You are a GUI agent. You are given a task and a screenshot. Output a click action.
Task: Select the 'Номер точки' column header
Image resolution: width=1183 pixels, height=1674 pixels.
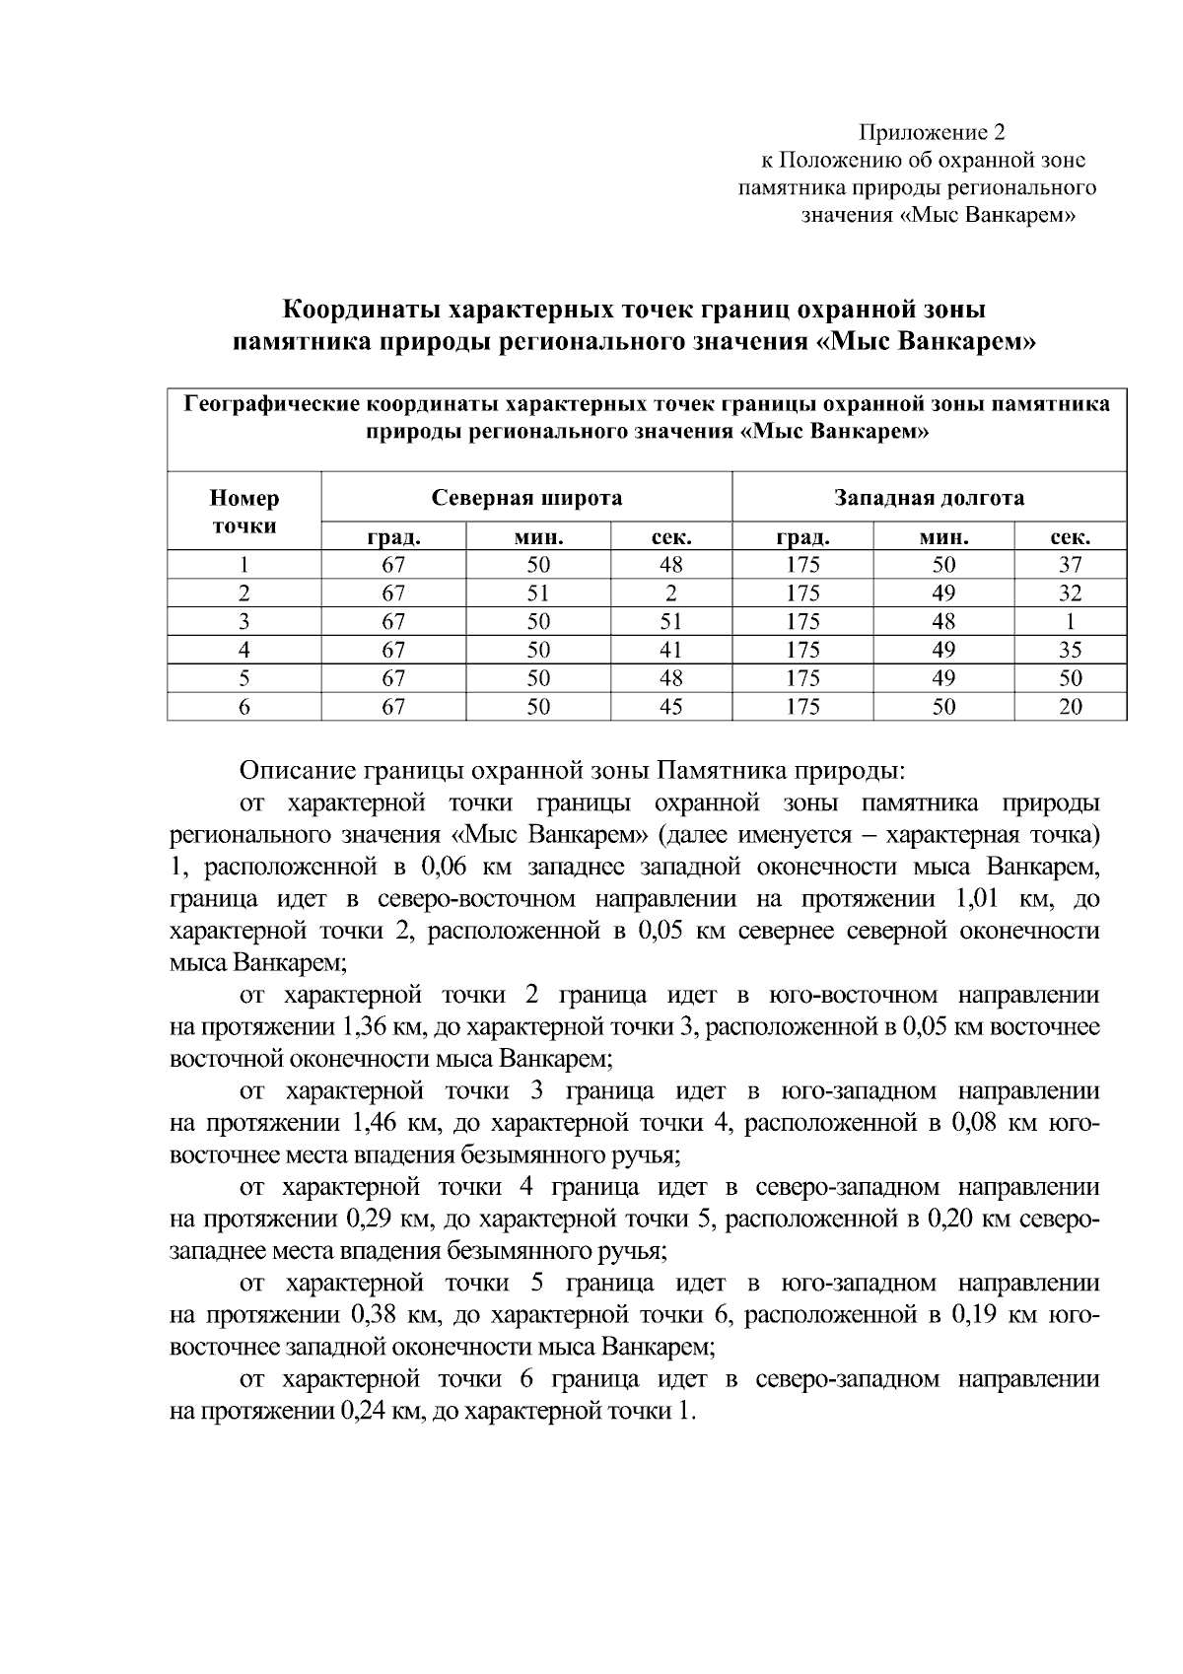click(244, 511)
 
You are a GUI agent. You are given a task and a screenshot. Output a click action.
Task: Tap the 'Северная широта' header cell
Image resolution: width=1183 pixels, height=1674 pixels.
click(527, 498)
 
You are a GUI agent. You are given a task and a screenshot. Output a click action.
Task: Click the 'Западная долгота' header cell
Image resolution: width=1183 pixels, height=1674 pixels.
click(930, 498)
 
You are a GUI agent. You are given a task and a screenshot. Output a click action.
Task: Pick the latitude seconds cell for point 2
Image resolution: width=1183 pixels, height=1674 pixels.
click(671, 593)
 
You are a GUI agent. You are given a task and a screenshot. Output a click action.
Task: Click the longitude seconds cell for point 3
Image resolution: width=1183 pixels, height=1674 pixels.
click(1070, 622)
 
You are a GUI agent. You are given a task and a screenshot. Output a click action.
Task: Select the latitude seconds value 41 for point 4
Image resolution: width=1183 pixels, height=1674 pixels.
click(671, 650)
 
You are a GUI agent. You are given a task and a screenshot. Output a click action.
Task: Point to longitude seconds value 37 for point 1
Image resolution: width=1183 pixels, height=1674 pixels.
click(1070, 565)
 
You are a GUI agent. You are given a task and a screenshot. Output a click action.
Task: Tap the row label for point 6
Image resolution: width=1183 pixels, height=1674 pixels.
click(244, 707)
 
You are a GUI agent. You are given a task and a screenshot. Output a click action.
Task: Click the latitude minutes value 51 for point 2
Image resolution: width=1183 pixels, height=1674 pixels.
click(538, 593)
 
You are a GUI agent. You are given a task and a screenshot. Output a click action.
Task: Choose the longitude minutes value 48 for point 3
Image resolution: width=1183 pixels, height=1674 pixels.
click(943, 622)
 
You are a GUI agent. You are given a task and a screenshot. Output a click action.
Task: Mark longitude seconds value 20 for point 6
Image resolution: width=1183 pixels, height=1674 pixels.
click(1070, 707)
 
